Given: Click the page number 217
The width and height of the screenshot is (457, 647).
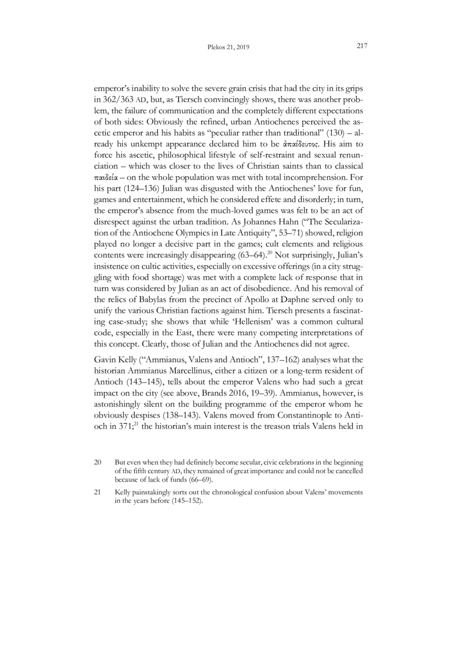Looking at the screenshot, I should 360,46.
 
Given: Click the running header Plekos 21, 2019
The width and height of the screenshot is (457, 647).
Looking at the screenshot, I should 228,48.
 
